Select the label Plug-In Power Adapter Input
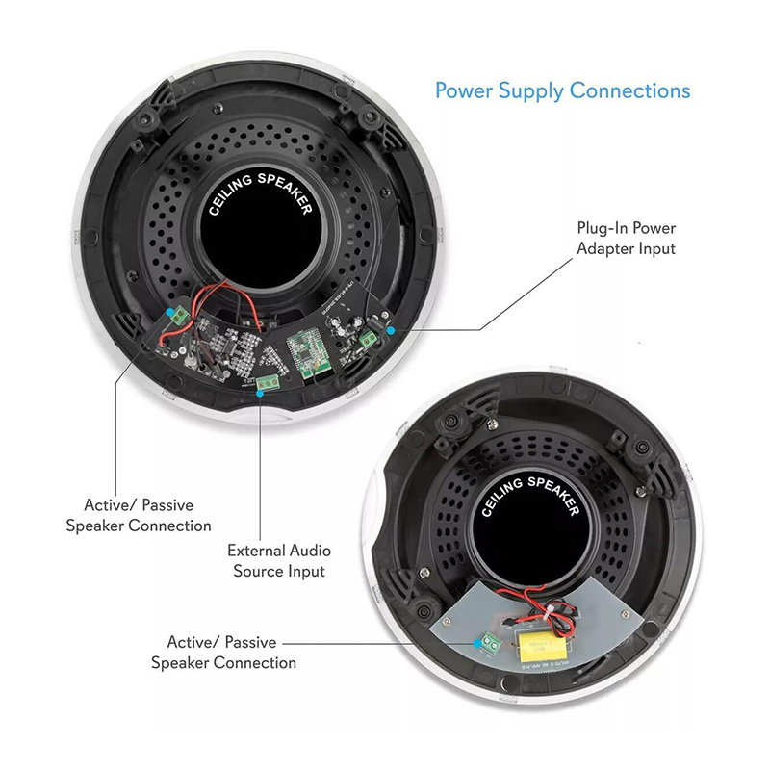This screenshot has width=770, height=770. tap(627, 238)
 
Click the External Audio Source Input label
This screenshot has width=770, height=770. tap(279, 561)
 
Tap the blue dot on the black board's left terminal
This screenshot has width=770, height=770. tap(169, 312)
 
